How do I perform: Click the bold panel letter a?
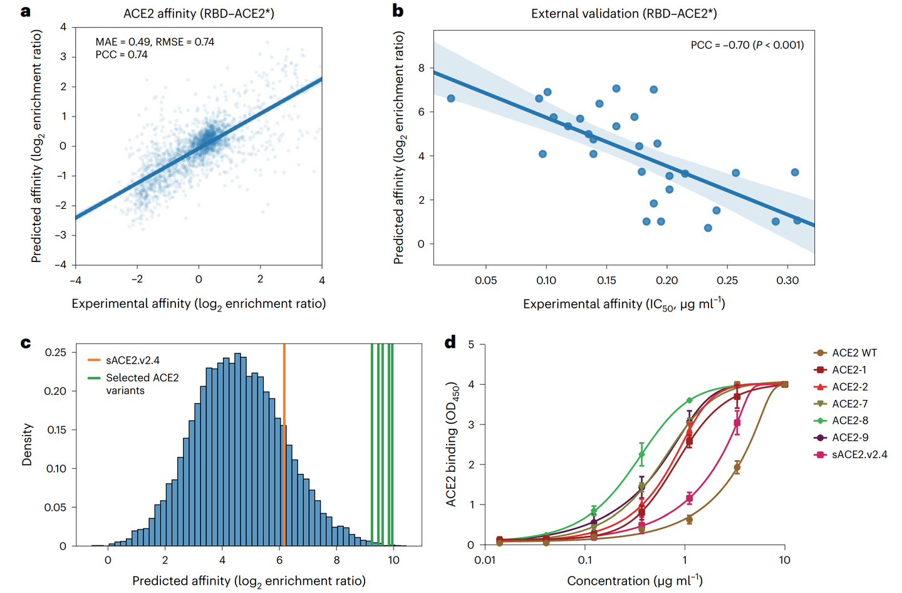25,12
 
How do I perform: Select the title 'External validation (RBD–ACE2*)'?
624,14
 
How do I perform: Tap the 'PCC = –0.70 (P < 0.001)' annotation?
747,45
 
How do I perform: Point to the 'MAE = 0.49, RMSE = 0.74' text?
155,42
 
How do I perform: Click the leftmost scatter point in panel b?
451,98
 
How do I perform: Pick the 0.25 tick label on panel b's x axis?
727,280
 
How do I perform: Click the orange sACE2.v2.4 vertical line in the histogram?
284,445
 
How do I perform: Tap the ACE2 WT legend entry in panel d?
845,353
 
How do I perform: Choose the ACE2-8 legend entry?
846,421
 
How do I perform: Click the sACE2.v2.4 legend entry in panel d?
851,455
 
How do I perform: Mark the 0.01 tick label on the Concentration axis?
485,560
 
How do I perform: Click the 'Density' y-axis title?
27,444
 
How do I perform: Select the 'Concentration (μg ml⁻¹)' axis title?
635,580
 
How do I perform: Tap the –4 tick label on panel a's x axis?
75,280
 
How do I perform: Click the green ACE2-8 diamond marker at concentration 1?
690,401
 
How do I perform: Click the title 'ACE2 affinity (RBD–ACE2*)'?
199,14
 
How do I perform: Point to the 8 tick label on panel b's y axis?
421,68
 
